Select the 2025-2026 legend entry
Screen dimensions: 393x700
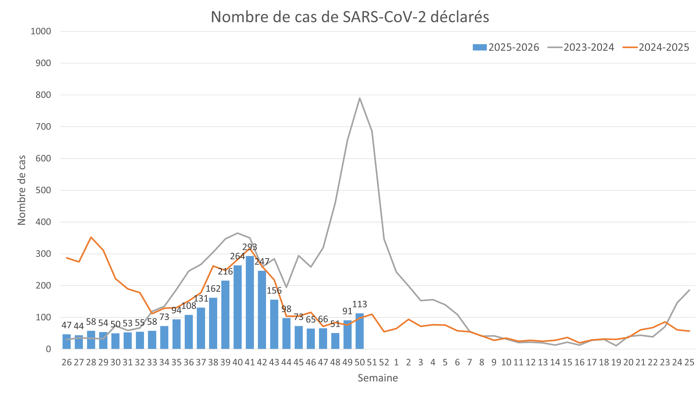click(506, 47)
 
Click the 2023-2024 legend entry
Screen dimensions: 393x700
click(581, 47)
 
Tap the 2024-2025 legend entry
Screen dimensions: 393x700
click(656, 47)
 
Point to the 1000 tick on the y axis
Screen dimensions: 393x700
click(41, 31)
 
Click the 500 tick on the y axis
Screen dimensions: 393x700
click(43, 190)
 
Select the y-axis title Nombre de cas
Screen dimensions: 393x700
click(22, 190)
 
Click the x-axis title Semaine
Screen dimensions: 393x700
click(378, 378)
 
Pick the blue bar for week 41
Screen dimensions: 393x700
click(250, 302)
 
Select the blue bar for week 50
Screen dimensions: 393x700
click(360, 331)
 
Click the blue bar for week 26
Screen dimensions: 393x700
click(66, 341)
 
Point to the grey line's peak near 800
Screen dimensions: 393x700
click(360, 98)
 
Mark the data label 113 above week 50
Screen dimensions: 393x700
click(360, 304)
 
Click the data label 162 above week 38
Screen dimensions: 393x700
click(213, 289)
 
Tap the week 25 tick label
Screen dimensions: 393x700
click(689, 362)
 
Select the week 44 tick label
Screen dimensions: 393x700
click(286, 362)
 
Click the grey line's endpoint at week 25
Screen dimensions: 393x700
click(689, 290)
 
